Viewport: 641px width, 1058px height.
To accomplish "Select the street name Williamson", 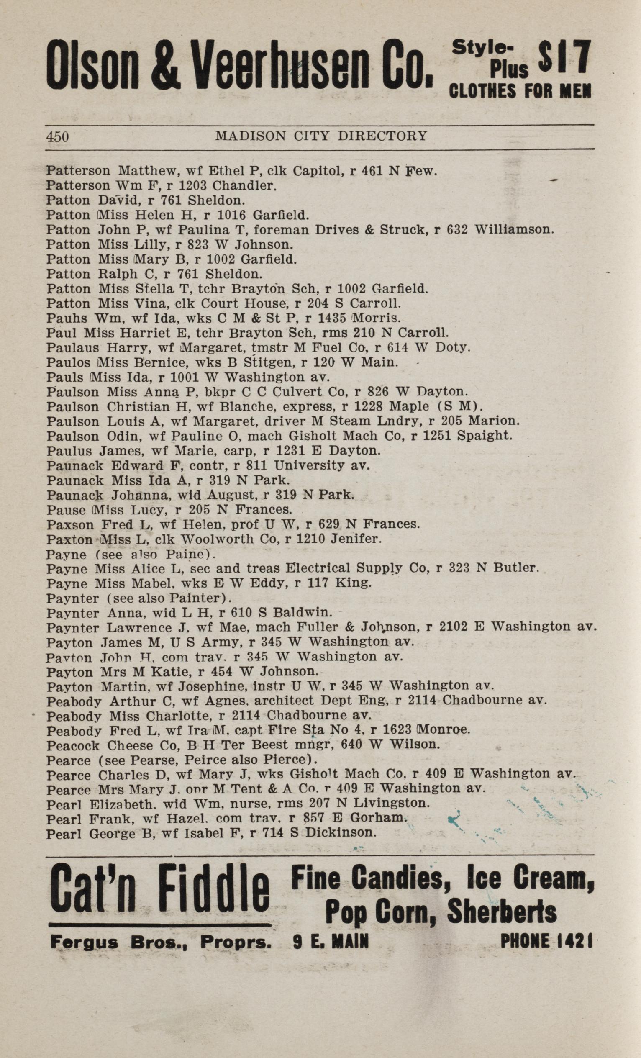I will click(x=514, y=229).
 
